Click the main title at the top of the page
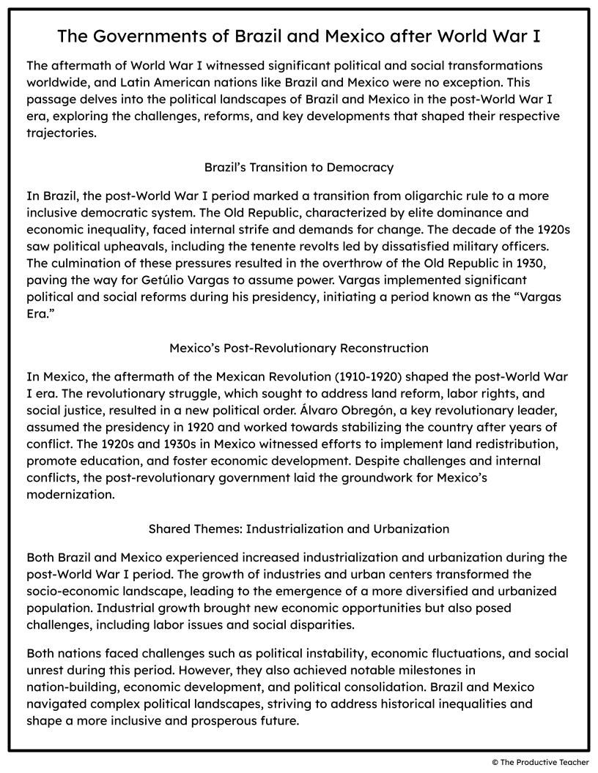pos(298,36)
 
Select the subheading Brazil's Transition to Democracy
pos(298,168)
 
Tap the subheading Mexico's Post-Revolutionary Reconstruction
pos(298,348)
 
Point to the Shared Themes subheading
pos(298,529)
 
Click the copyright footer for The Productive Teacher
pos(540,762)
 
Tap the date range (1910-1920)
pos(368,377)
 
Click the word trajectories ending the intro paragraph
pos(61,134)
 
